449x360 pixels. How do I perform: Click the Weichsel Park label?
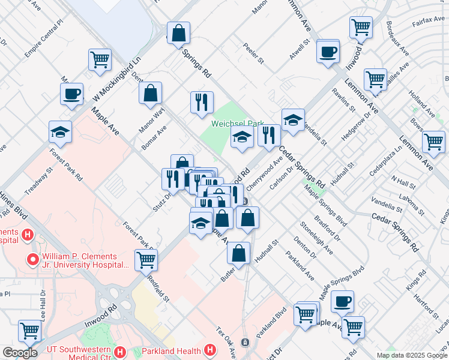(238, 124)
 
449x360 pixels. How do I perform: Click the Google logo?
(20, 353)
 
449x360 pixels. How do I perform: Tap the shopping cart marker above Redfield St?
(146, 260)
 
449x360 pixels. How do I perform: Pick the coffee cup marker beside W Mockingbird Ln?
(71, 94)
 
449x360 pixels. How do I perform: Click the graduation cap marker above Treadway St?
(61, 131)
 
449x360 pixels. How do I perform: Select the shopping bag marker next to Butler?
(239, 253)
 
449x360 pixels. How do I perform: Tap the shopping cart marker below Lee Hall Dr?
(29, 330)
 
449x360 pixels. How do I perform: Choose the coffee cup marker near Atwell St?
(328, 52)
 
